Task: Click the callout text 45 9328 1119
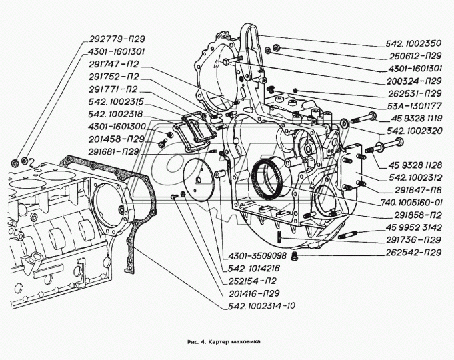[414, 118]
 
